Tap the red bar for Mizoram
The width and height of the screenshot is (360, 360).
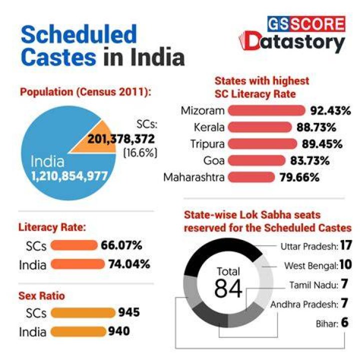[x=266, y=110]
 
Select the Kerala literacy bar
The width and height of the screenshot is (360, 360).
[x=259, y=127]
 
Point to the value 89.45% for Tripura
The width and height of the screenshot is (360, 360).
[x=322, y=144]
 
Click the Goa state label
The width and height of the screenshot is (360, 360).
[x=214, y=160]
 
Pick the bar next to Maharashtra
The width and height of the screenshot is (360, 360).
[x=251, y=177]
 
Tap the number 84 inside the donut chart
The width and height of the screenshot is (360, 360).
[x=228, y=288]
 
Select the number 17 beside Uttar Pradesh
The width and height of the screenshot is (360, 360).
[x=346, y=245]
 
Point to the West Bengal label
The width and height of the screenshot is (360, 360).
[x=311, y=266]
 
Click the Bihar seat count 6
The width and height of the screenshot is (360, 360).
[x=344, y=322]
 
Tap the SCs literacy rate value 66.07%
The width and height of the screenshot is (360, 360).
[x=121, y=245]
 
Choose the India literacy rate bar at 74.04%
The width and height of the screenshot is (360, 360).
[x=77, y=264]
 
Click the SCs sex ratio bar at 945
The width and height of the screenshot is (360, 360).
[x=83, y=312]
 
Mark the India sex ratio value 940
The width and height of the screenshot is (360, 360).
[x=119, y=331]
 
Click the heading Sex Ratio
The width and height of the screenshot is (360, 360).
[x=41, y=295]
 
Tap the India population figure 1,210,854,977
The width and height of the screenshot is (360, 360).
[x=69, y=176]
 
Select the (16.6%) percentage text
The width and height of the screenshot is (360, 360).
[x=140, y=152]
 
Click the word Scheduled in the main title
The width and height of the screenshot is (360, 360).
[x=79, y=34]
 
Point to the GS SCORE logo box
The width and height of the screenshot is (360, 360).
[x=306, y=24]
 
